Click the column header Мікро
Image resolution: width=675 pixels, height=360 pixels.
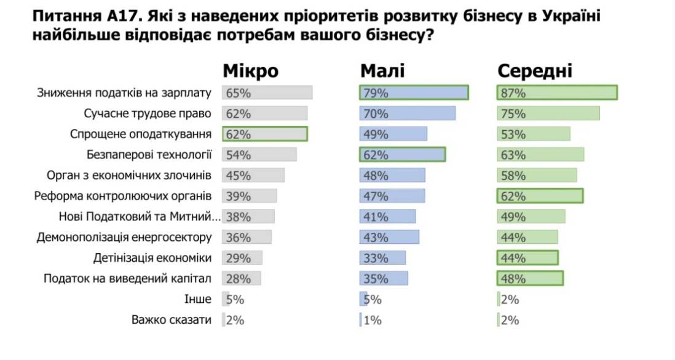click(250, 71)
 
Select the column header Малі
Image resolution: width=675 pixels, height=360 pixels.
click(382, 71)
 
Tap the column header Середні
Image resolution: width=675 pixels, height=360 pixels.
click(534, 71)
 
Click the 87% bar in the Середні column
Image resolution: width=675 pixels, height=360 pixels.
click(556, 93)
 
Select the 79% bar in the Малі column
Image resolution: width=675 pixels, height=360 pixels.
click(414, 93)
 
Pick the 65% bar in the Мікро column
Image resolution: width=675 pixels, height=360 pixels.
click(267, 93)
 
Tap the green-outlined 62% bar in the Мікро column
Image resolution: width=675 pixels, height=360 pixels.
click(264, 134)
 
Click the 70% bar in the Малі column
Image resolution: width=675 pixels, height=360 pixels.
click(407, 114)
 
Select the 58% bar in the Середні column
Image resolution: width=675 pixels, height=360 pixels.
click(537, 175)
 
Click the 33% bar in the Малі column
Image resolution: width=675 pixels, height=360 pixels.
click(382, 257)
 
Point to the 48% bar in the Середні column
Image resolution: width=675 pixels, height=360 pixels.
click(530, 278)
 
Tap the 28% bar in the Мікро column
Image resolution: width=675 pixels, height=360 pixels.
click(242, 278)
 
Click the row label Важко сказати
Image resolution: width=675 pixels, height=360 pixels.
click(172, 319)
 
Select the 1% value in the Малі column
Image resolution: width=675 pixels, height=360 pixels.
click(373, 319)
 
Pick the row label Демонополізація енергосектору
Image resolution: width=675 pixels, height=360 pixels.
click(124, 237)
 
